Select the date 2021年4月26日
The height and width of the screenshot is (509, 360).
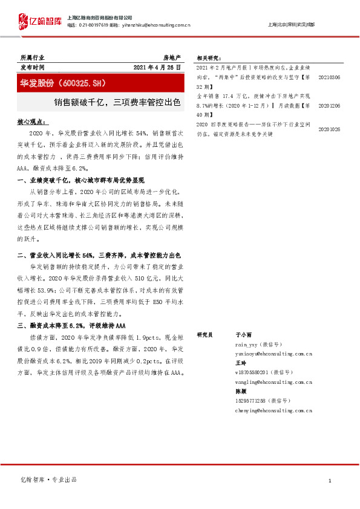pyautogui.click(x=156, y=67)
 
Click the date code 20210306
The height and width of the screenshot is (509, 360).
pyautogui.click(x=329, y=78)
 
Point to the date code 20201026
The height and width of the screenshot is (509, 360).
pyautogui.click(x=329, y=129)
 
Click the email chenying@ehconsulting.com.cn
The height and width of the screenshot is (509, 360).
pyautogui.click(x=273, y=410)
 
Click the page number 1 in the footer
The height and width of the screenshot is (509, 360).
pyautogui.click(x=329, y=481)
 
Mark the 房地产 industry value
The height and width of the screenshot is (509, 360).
pyautogui.click(x=172, y=57)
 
